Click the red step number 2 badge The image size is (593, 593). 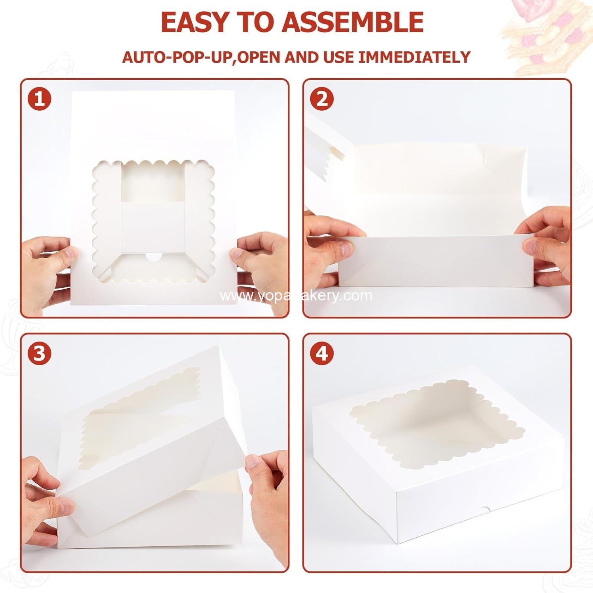point(322,99)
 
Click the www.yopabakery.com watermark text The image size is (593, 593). point(296,296)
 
